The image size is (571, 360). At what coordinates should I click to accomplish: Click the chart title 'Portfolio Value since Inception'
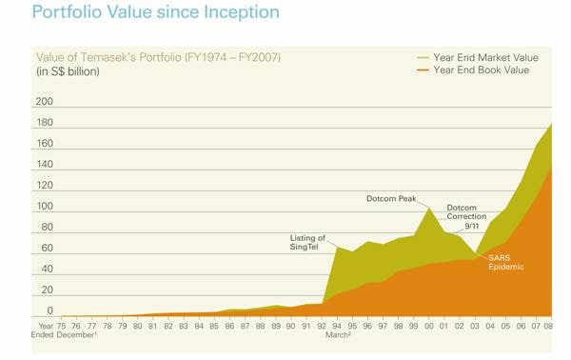[x=155, y=13]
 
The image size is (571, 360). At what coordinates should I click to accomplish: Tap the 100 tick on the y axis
[x=43, y=206]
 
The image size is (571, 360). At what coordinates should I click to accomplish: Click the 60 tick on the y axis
[x=45, y=248]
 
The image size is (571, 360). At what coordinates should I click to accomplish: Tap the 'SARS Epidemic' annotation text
[x=506, y=262]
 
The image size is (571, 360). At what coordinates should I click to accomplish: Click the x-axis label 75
[x=62, y=326]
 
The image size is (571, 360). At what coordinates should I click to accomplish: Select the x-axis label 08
[x=548, y=326]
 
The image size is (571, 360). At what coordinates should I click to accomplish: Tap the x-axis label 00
[x=428, y=326]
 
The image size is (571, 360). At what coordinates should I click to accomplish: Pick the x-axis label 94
[x=337, y=326]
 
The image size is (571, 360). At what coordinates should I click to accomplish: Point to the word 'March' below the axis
[x=339, y=335]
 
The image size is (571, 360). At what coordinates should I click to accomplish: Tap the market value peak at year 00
[x=428, y=208]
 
